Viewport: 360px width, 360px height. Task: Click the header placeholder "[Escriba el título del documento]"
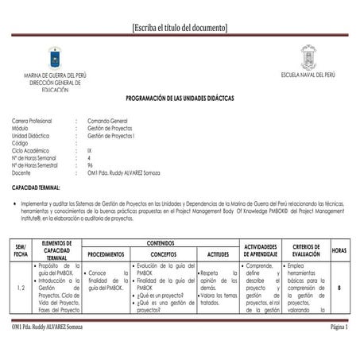[x=180, y=28]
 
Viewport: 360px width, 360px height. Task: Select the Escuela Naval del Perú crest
[x=308, y=56]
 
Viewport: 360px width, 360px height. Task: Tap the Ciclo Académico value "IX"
[x=90, y=149]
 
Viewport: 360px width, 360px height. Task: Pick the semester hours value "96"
[x=91, y=165]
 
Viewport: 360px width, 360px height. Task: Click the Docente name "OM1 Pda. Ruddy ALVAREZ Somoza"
[x=131, y=172]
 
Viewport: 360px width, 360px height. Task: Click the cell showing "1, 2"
[x=21, y=287]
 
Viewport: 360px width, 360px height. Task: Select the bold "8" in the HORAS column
[x=339, y=287]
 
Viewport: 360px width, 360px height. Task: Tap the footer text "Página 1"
[x=339, y=327]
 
